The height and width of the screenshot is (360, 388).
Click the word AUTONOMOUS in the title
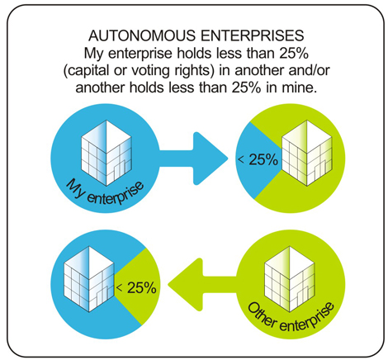pos(142,36)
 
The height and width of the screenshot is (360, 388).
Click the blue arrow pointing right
pos(193,159)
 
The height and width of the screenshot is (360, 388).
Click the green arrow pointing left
pos(202,285)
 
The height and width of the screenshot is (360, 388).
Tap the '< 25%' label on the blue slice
pos(258,159)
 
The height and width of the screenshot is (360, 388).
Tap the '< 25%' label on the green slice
pos(136,288)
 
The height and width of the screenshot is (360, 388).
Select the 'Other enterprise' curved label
pos(291,317)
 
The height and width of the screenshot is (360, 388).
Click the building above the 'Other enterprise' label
pos(290,279)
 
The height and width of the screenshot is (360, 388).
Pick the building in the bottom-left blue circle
pos(89,279)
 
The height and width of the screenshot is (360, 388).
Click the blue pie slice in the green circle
pos(256,160)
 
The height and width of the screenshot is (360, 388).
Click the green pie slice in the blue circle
pos(139,287)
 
